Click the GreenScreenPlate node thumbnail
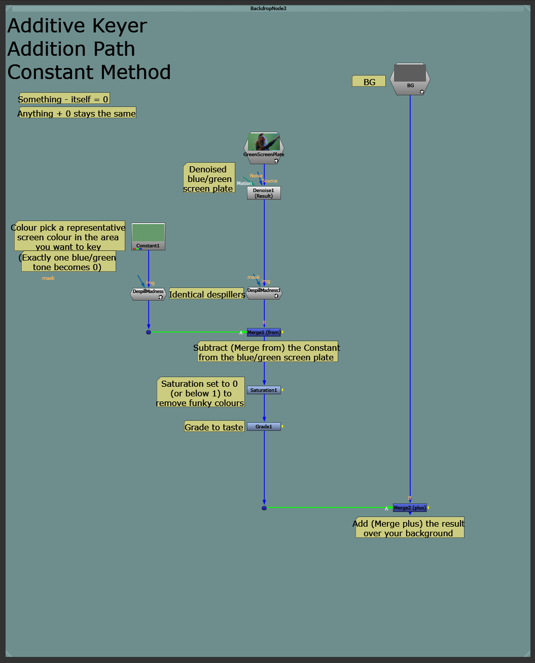click(x=264, y=142)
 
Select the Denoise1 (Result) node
click(x=264, y=193)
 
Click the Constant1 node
click(x=148, y=236)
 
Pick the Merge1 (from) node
click(x=264, y=332)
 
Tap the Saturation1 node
click(x=264, y=390)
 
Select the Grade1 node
click(x=264, y=426)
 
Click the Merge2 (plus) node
click(x=410, y=508)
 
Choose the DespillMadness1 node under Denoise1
click(x=264, y=293)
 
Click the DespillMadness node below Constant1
click(x=148, y=294)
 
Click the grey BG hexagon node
click(x=410, y=79)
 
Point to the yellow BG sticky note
click(x=369, y=81)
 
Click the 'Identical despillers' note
click(x=207, y=293)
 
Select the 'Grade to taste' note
click(x=215, y=426)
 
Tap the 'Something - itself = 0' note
click(x=64, y=98)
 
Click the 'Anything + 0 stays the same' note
click(x=77, y=113)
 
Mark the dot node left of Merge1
click(x=149, y=332)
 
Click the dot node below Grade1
click(x=264, y=508)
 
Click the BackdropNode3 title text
click(x=268, y=8)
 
